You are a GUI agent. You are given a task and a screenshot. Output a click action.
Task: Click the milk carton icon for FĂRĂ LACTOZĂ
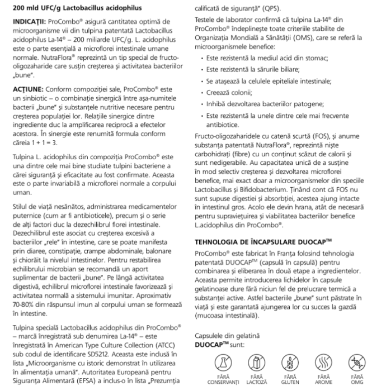click(247, 361)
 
